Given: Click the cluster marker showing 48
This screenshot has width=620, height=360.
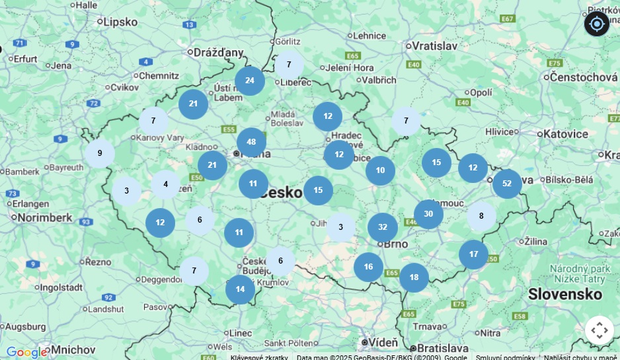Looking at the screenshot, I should click(x=251, y=142).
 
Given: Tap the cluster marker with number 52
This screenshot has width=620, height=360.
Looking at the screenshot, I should click(x=507, y=184).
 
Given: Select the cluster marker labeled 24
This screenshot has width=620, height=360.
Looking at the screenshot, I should click(x=249, y=81).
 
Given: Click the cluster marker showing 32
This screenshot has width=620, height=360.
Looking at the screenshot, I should click(x=383, y=227).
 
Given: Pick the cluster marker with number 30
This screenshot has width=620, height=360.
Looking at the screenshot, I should click(x=428, y=214).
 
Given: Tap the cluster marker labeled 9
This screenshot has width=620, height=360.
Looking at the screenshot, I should click(x=100, y=153).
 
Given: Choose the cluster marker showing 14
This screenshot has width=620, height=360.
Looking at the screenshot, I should click(x=240, y=289).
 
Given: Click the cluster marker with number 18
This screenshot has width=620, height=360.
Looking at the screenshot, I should click(x=414, y=277).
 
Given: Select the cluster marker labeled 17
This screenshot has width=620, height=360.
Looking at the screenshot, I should click(x=473, y=254).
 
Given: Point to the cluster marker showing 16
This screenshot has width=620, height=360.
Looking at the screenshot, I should click(x=368, y=267).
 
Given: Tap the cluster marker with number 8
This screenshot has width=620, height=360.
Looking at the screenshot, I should click(x=481, y=216).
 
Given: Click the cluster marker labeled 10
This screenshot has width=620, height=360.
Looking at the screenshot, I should click(x=380, y=170).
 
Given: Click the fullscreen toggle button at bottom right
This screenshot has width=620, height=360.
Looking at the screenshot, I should click(x=599, y=330).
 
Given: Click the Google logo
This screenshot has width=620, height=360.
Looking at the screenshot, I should click(x=26, y=351).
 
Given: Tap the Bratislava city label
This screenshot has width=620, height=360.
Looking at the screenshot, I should click(x=443, y=347).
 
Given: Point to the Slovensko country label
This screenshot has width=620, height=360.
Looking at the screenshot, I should click(x=565, y=294).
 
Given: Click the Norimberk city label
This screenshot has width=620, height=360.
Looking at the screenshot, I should click(x=45, y=217).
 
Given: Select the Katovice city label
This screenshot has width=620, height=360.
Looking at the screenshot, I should click(x=565, y=134).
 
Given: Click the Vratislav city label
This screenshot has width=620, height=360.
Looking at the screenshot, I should click(x=434, y=46).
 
